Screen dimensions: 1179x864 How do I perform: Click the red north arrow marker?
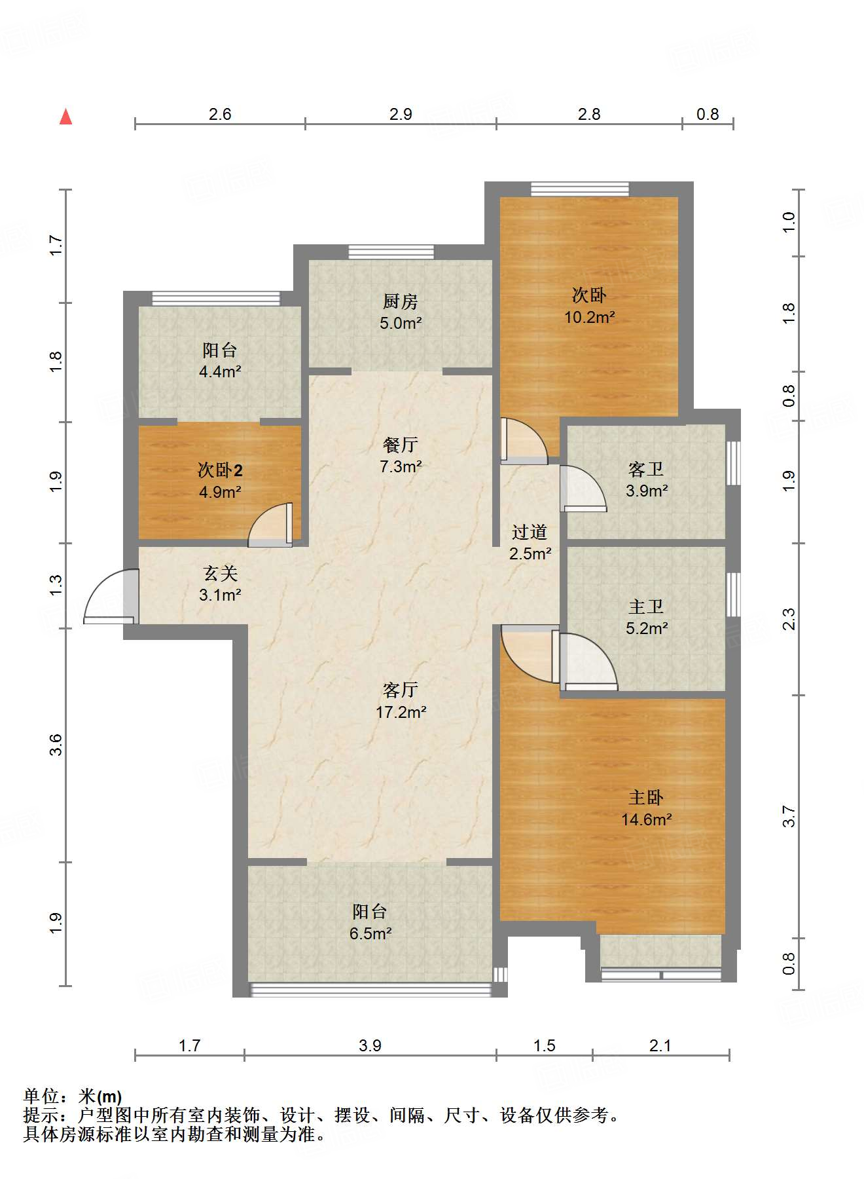click(65, 117)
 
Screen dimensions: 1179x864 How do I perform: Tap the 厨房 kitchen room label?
click(400, 301)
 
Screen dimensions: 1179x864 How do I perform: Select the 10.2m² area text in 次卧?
click(589, 318)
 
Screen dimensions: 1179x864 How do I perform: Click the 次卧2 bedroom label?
click(220, 470)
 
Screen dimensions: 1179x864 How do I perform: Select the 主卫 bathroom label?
click(646, 607)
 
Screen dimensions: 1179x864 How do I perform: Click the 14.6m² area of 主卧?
click(646, 820)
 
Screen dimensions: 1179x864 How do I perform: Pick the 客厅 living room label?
click(400, 690)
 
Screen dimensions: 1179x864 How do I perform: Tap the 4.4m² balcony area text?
click(220, 372)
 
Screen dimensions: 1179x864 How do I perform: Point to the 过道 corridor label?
click(529, 532)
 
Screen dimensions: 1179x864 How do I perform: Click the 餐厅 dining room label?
click(400, 445)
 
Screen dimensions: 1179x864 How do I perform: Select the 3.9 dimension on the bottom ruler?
click(370, 1045)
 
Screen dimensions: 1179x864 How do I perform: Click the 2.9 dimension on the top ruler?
click(400, 114)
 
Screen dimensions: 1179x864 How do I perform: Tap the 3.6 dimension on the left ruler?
click(56, 745)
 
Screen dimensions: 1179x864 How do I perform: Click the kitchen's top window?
click(391, 252)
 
